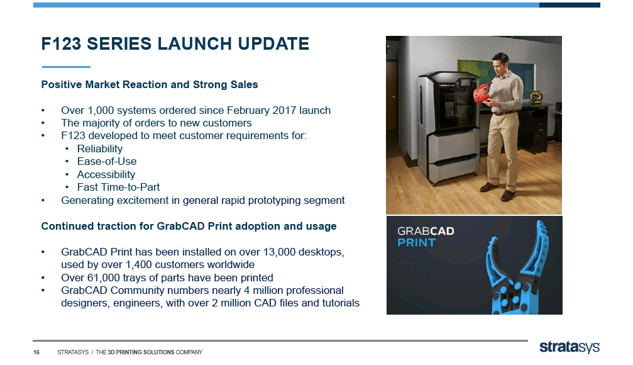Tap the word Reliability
[100, 149]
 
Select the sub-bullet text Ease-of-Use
[107, 161]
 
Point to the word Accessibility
[106, 174]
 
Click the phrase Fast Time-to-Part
[118, 187]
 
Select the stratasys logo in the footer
[570, 347]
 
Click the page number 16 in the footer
[36, 352]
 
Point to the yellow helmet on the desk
[536, 97]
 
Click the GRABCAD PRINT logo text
[426, 237]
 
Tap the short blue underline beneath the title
[66, 67]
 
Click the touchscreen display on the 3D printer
[466, 82]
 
